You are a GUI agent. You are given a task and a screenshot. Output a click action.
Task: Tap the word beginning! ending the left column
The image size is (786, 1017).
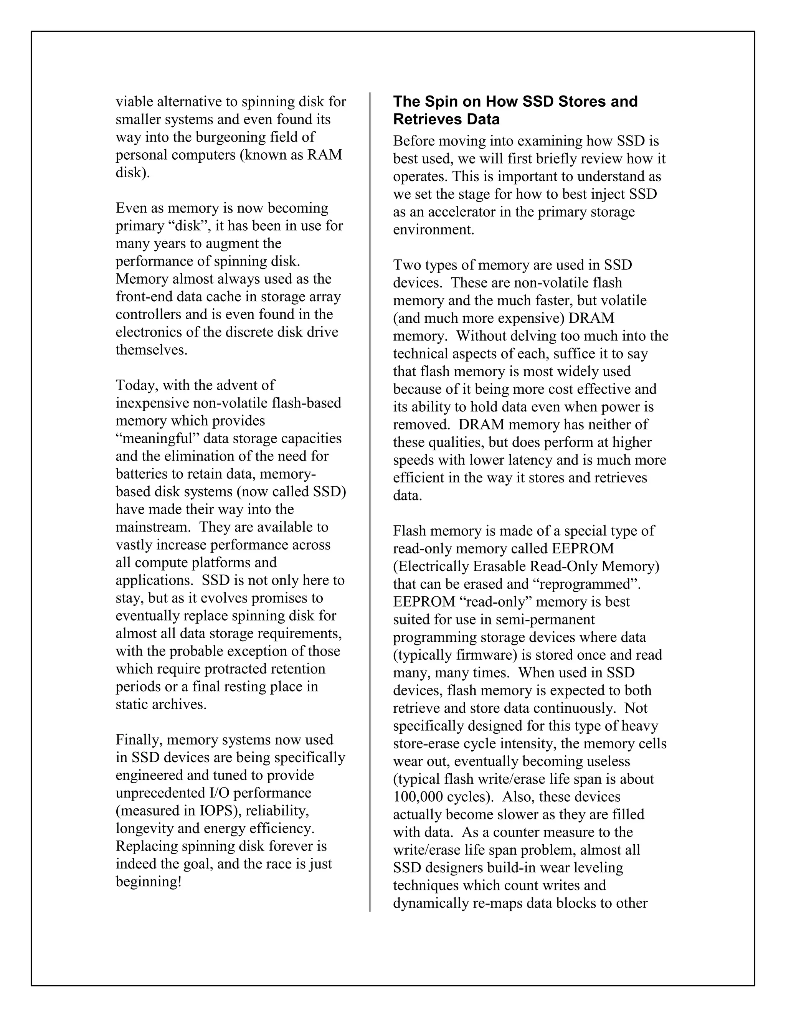148,882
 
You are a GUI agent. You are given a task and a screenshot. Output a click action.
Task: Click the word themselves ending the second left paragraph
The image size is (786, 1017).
151,350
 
